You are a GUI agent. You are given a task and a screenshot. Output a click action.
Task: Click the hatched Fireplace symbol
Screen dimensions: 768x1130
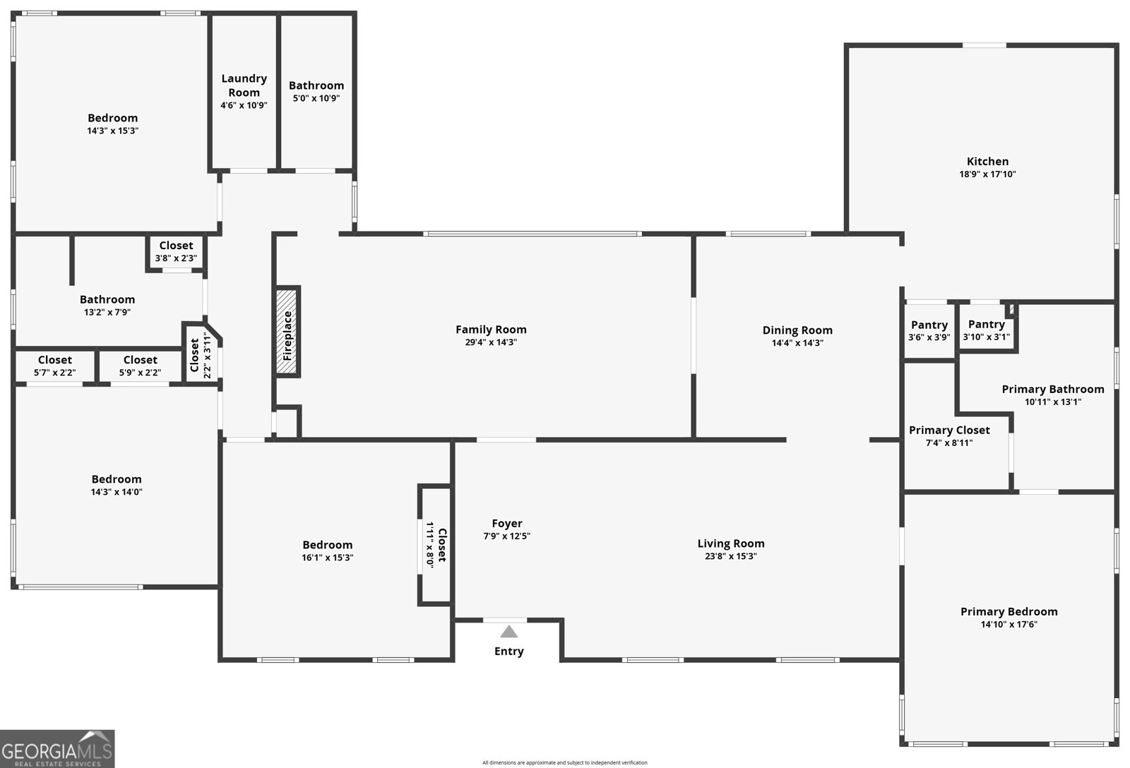[287, 332]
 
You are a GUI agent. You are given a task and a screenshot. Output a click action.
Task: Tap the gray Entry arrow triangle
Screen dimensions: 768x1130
[509, 631]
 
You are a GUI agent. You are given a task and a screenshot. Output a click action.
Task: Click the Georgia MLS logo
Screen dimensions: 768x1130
[57, 749]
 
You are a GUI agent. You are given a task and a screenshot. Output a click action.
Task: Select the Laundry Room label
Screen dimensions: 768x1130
[244, 85]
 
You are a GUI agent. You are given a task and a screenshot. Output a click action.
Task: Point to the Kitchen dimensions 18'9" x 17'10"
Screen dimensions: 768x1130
[987, 174]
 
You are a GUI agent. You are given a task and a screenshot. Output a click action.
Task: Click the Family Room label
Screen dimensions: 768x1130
[491, 330]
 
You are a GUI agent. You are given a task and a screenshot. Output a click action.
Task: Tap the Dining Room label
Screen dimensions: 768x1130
[797, 330]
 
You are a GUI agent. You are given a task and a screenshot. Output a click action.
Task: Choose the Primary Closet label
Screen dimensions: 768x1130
[949, 431]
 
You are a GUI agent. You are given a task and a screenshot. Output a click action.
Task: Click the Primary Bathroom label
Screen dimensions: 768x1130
[1052, 390]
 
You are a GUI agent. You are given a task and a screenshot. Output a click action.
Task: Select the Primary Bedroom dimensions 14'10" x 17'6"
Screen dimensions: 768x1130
[1009, 625]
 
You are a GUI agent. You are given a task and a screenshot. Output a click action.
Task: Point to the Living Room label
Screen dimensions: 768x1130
[731, 544]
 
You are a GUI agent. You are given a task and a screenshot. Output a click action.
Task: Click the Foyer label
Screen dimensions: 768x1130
[507, 524]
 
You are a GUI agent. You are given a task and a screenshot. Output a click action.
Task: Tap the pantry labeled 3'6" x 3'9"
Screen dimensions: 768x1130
[929, 330]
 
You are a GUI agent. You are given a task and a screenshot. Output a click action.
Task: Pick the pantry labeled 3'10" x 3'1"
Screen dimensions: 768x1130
[987, 330]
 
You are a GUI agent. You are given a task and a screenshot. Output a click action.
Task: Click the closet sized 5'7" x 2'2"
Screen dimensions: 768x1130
[55, 366]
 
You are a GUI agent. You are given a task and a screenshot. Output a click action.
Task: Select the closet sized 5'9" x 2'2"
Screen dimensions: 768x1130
[141, 366]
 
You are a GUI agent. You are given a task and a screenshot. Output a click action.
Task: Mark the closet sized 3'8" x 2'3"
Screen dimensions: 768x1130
[176, 251]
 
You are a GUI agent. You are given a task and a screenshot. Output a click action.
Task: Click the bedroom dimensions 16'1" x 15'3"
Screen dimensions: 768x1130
[328, 558]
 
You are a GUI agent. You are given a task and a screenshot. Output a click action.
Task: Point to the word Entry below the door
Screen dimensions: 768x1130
[509, 652]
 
